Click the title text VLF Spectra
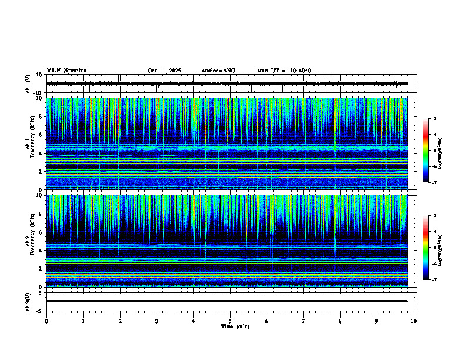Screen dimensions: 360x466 [x=66, y=70]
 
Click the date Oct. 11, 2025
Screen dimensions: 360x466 [x=164, y=71]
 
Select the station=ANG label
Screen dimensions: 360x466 [x=218, y=71]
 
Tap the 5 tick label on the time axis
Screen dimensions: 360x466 [x=230, y=321]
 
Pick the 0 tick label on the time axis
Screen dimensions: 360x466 [x=46, y=321]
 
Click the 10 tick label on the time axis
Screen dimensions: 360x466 [x=414, y=321]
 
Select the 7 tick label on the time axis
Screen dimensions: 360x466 [x=304, y=321]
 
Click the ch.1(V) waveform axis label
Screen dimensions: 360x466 [x=28, y=84]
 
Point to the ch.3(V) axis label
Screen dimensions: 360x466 [x=28, y=301]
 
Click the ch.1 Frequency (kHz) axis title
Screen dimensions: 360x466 [x=30, y=144]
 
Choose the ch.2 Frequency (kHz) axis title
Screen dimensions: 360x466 [x=30, y=241]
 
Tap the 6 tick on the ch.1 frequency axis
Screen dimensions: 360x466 [x=41, y=135]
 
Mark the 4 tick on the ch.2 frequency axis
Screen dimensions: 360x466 [x=41, y=250]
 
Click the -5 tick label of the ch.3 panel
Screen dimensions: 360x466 [x=39, y=310]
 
